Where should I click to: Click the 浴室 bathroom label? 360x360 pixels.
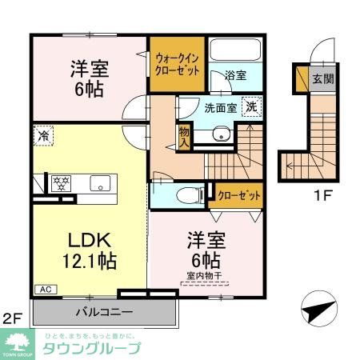(234, 76)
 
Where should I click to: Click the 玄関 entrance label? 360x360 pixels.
(322, 78)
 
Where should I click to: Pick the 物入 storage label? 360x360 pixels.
(184, 137)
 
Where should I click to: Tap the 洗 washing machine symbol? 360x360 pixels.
(250, 107)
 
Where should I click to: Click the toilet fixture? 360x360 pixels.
(185, 193)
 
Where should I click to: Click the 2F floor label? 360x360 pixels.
(12, 318)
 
